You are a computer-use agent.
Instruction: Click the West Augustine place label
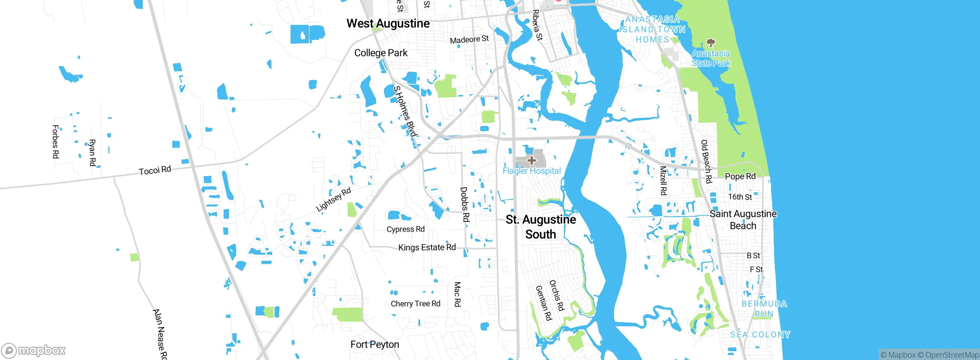[x=388, y=24]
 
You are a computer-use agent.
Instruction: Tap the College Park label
[x=381, y=53]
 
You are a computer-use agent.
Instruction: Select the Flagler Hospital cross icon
[x=531, y=160]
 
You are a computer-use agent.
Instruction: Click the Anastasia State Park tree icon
[x=710, y=43]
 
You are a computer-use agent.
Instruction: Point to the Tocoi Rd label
[x=155, y=170]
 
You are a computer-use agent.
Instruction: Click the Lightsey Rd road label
[x=333, y=200]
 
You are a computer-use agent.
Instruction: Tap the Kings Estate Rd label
[x=427, y=247]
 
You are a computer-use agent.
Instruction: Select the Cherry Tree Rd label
[x=415, y=304]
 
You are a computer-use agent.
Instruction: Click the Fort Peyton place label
[x=374, y=345]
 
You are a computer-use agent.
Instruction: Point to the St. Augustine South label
[x=541, y=227]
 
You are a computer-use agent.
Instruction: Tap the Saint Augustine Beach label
[x=743, y=219]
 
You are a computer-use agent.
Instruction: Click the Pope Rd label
[x=740, y=176]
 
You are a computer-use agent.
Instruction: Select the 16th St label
[x=740, y=197]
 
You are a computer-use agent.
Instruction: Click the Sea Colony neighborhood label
[x=760, y=334]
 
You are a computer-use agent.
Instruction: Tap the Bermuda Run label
[x=764, y=309]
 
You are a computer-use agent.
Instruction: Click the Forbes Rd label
[x=56, y=142]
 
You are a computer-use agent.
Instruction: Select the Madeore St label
[x=469, y=39]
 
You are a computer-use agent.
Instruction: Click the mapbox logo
[x=34, y=350]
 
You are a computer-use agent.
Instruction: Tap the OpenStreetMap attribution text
[x=952, y=355]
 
